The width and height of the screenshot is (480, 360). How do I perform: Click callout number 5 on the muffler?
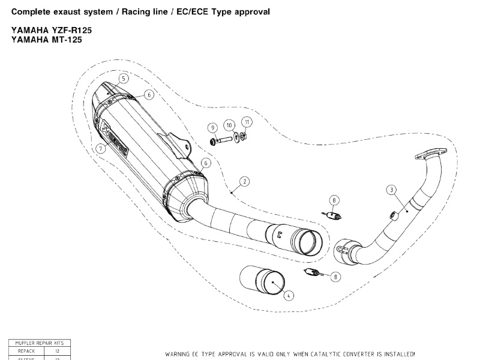(x=123, y=79)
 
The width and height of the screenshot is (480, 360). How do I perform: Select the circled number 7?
(x=101, y=148)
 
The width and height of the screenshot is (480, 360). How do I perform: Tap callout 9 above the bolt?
(x=212, y=127)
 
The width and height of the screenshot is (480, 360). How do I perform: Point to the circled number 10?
(x=230, y=125)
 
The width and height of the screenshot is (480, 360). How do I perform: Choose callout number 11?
(x=247, y=121)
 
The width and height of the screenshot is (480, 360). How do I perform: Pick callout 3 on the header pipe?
(x=391, y=190)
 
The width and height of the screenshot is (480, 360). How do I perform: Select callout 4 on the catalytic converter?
(x=289, y=295)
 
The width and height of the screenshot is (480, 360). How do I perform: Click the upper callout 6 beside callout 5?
(x=149, y=94)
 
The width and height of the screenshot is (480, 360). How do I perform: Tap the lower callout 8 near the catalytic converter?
(x=335, y=277)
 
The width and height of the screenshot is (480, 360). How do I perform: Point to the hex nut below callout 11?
(x=245, y=136)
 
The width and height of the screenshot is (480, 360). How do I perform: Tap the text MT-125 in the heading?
(x=65, y=40)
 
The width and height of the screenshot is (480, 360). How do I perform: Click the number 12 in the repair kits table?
(x=58, y=350)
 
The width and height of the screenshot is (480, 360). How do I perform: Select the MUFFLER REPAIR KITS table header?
(x=40, y=343)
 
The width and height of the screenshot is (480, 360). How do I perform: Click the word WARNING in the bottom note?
(x=179, y=354)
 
